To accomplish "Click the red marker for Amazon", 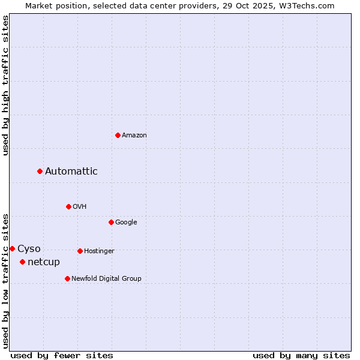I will pyautogui.click(x=118, y=135).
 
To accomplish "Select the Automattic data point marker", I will pyautogui.click(x=40, y=171).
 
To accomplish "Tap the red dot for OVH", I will pyautogui.click(x=68, y=206).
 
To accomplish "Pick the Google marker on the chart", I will pyautogui.click(x=111, y=222).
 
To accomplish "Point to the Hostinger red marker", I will pyautogui.click(x=80, y=251).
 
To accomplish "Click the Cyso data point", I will pyautogui.click(x=12, y=248).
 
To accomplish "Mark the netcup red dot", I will pyautogui.click(x=22, y=262).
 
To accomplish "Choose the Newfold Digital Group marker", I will pyautogui.click(x=67, y=278).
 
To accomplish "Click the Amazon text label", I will pyautogui.click(x=134, y=136).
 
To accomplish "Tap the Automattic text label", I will pyautogui.click(x=71, y=172).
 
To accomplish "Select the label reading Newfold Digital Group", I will pyautogui.click(x=106, y=278).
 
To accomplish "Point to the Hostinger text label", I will pyautogui.click(x=99, y=251).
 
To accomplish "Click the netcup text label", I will pyautogui.click(x=44, y=262).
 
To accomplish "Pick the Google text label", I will pyautogui.click(x=126, y=223).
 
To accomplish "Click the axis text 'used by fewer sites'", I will pyautogui.click(x=62, y=355).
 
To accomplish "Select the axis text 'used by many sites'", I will pyautogui.click(x=301, y=355).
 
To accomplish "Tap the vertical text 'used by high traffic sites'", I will pyautogui.click(x=5, y=85).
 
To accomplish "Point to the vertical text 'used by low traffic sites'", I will pyautogui.click(x=5, y=280).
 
